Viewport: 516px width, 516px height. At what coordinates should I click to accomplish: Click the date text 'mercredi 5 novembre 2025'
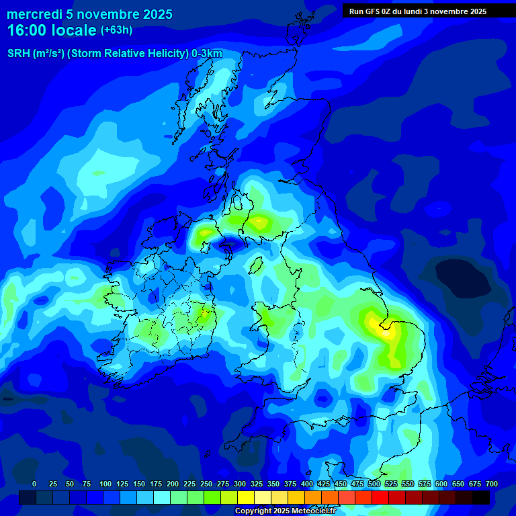pos(89,14)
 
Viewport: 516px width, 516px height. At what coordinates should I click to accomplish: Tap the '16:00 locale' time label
pos(52,30)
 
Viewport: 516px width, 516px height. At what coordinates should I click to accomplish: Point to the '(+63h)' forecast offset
pos(116,30)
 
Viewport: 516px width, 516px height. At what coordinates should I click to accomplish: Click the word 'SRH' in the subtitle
pos(18,54)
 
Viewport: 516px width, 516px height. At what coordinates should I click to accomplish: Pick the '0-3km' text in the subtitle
pos(207,54)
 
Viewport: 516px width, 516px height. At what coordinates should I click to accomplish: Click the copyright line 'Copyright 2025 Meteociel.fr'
pos(285,511)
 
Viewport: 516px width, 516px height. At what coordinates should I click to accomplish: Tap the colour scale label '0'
pos(34,484)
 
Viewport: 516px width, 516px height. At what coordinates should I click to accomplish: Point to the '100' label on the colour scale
pos(105,484)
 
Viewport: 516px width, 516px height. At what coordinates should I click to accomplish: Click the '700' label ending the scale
pos(492,484)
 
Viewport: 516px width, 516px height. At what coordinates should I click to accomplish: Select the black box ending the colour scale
pos(481,498)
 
